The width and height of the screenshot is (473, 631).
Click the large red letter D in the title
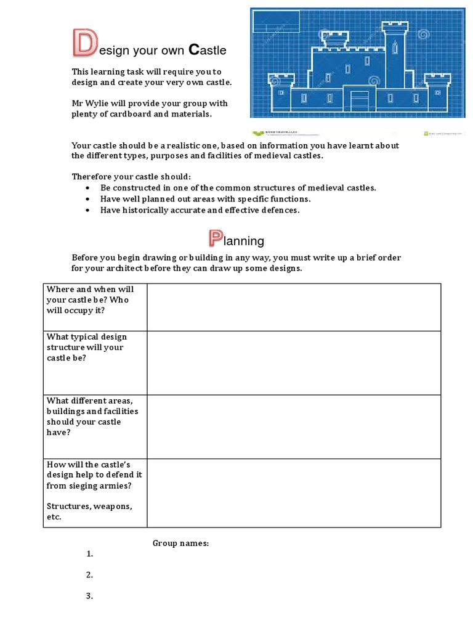84,43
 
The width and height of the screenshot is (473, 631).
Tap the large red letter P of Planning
215,239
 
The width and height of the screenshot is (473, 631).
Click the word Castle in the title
207,49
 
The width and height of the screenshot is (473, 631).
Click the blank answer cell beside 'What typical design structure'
294,362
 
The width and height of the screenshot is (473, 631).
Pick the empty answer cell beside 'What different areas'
294,426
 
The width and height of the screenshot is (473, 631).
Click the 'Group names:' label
181,543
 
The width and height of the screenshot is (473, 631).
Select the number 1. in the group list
89,554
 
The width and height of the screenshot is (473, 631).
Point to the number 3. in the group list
89,596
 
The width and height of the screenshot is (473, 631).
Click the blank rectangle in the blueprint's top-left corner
275,21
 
